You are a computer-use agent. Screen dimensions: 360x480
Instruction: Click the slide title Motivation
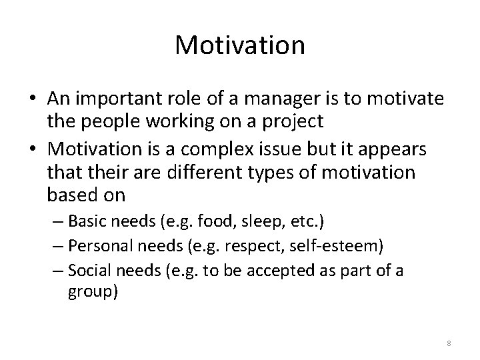coord(240,45)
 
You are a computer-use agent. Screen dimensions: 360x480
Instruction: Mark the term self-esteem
coord(339,247)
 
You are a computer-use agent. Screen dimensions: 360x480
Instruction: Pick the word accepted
coord(297,271)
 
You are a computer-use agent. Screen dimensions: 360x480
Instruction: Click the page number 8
coord(448,343)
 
